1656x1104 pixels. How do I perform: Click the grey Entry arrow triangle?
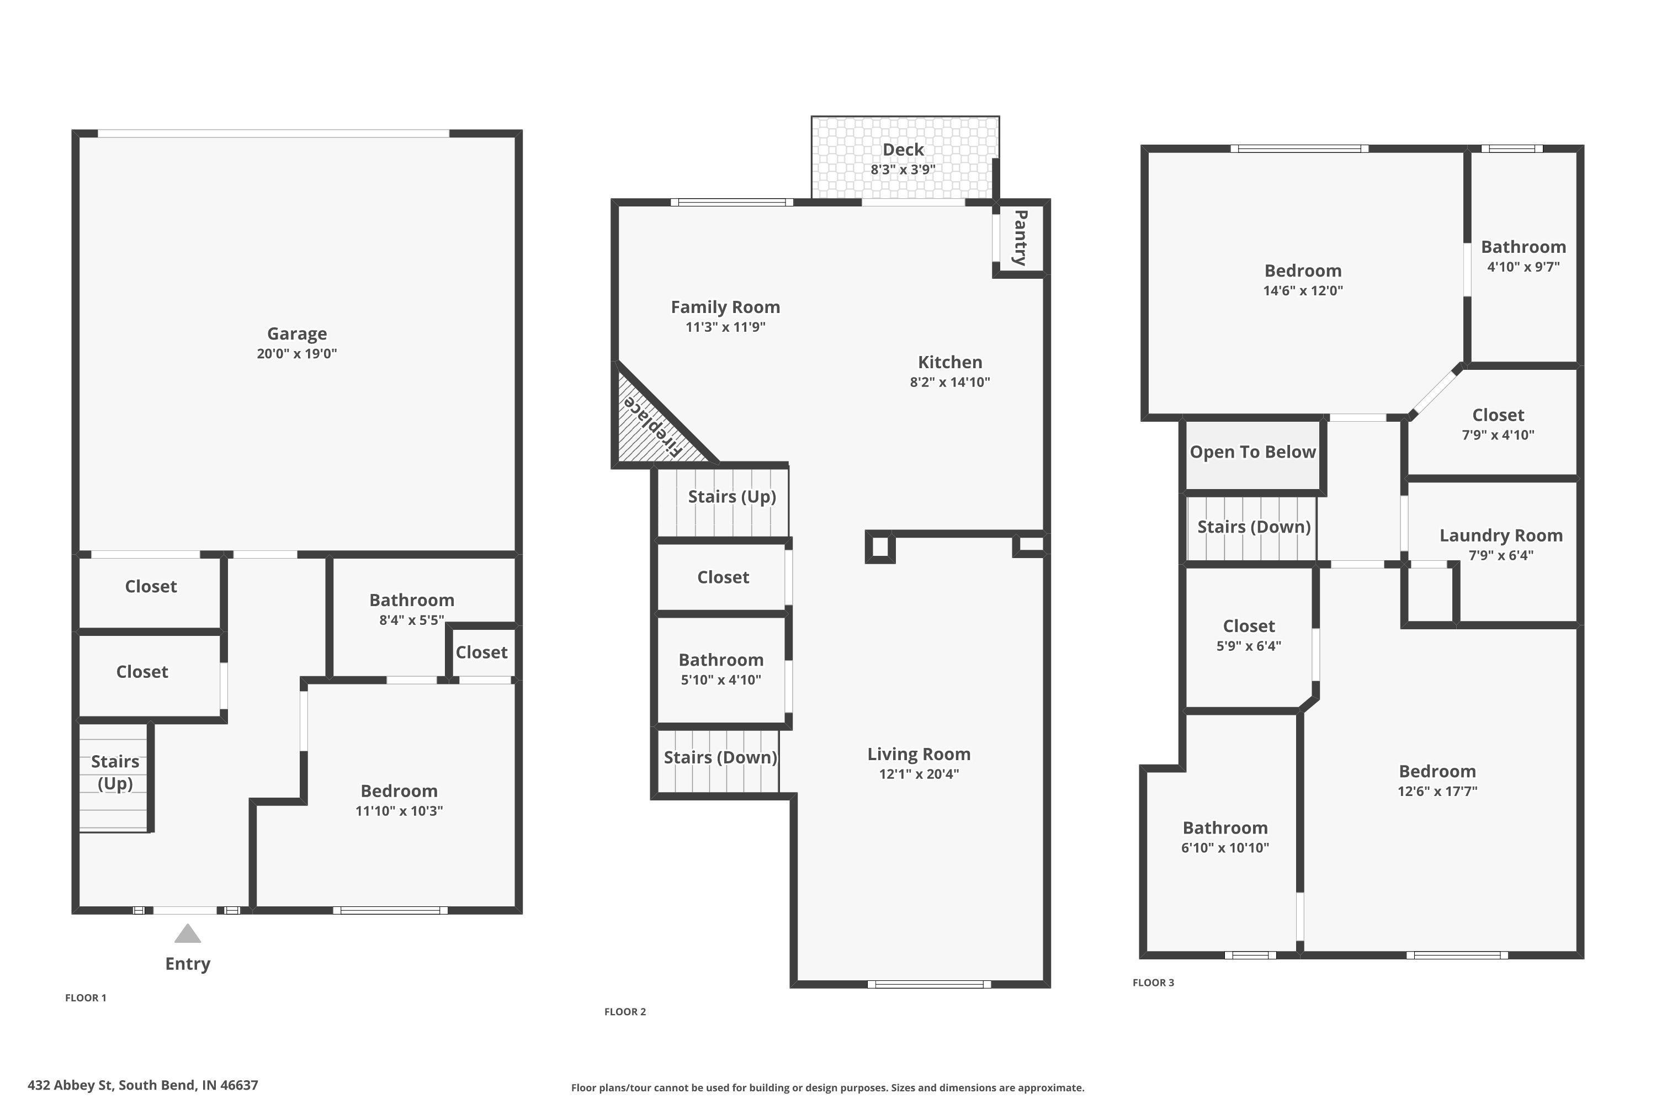tap(187, 935)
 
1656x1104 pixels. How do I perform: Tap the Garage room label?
tap(296, 334)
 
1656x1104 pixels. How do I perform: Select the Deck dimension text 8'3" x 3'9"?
tap(903, 169)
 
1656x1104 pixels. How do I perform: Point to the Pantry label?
tap(1020, 237)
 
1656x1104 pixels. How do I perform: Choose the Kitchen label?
tap(950, 362)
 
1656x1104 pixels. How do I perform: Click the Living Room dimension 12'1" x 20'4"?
tap(919, 774)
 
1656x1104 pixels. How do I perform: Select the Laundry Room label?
tap(1501, 536)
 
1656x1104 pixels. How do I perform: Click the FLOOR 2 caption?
tap(624, 1012)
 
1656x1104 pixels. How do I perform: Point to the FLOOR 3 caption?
tap(1153, 983)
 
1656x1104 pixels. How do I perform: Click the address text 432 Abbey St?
tap(71, 1085)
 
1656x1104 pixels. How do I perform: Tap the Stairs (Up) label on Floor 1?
tap(115, 772)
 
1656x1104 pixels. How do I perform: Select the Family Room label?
tap(725, 307)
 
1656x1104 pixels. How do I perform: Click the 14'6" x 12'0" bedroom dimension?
tap(1303, 291)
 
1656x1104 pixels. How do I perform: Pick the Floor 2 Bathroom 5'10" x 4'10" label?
tap(721, 669)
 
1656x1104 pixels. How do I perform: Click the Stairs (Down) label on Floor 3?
tap(1254, 527)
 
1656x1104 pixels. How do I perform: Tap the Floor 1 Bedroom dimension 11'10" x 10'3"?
tap(399, 811)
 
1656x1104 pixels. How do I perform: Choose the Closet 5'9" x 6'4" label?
tap(1249, 635)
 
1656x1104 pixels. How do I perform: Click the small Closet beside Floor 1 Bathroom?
tap(481, 652)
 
